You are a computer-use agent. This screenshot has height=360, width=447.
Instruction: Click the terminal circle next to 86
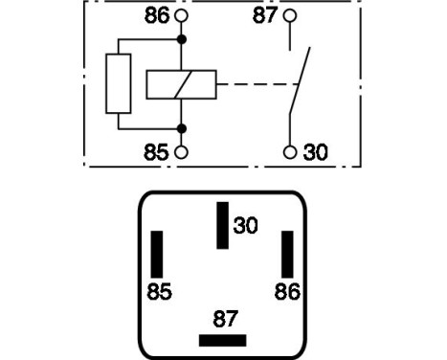click(182, 16)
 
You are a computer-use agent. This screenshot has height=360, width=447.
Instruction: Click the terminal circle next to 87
click(289, 16)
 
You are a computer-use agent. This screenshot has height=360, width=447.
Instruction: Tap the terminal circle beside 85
click(182, 152)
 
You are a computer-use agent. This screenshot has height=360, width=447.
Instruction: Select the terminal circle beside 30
click(289, 152)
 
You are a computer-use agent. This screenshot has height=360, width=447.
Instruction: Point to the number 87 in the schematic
click(264, 16)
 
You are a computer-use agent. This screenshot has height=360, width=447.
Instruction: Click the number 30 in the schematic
click(315, 152)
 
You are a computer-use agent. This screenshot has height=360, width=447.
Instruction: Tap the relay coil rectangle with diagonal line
click(181, 84)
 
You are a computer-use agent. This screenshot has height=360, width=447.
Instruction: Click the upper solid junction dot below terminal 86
click(182, 40)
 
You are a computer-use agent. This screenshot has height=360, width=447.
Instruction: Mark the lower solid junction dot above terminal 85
click(182, 127)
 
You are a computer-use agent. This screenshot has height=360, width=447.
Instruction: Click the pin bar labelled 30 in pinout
click(222, 225)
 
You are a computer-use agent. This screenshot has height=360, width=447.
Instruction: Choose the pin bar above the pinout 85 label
click(158, 254)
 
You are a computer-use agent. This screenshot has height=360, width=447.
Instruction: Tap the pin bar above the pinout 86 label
click(285, 254)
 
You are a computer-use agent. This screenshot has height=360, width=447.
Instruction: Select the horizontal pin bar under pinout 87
click(222, 340)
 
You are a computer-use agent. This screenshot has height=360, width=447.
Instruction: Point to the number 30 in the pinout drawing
click(246, 226)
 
